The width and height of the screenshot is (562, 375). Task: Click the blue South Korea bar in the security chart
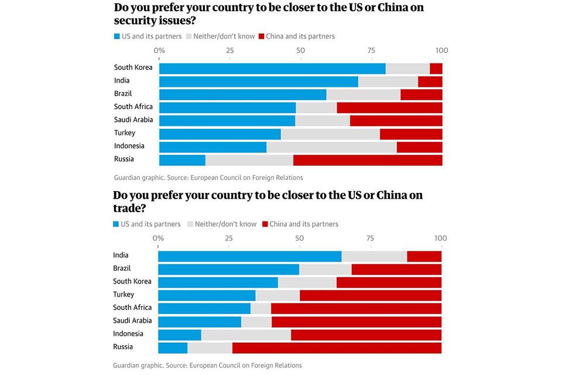click(272, 68)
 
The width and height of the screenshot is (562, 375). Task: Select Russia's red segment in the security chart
click(368, 160)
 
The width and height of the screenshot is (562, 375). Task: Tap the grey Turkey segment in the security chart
click(330, 134)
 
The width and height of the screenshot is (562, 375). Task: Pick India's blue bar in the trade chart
click(250, 256)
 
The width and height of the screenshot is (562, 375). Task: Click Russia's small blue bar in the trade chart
click(173, 347)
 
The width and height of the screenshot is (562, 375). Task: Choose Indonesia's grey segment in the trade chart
click(246, 335)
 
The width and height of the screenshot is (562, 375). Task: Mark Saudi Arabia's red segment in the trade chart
click(357, 322)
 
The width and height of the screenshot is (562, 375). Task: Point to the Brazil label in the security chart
click(123, 94)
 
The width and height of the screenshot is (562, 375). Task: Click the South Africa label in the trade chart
click(132, 308)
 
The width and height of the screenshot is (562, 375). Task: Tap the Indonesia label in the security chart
click(129, 146)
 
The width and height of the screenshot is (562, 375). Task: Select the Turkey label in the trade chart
click(124, 295)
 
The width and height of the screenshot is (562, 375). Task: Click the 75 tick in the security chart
click(372, 50)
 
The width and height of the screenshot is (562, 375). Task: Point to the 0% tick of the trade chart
click(158, 238)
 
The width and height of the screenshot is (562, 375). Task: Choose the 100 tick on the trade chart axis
click(441, 238)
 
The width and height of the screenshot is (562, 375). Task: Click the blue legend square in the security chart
click(116, 36)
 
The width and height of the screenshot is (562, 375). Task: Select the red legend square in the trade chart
click(265, 224)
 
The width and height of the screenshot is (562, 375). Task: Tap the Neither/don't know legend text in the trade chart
click(225, 224)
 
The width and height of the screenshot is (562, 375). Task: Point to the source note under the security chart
click(208, 178)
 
